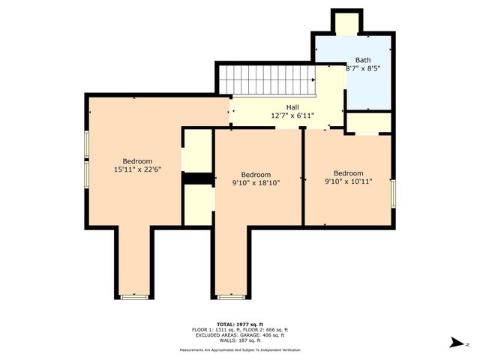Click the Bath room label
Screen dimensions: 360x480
(x=363, y=60)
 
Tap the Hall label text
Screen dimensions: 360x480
(x=292, y=107)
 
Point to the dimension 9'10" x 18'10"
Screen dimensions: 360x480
(x=256, y=182)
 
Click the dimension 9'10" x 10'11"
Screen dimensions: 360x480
(x=348, y=181)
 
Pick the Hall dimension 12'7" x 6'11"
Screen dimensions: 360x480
(x=292, y=115)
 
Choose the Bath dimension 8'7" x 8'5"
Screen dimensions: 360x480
(x=363, y=68)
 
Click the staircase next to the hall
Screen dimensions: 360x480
(x=266, y=76)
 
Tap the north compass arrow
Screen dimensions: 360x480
(x=454, y=343)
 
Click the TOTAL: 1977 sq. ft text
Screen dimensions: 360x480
(x=240, y=323)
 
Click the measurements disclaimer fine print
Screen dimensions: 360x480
(x=240, y=350)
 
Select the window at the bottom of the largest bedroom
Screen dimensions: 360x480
(x=135, y=296)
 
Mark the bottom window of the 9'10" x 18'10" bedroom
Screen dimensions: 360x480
(x=230, y=296)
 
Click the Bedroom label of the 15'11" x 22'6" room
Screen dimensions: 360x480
(x=137, y=161)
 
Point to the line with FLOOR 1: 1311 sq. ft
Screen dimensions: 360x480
(x=240, y=329)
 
